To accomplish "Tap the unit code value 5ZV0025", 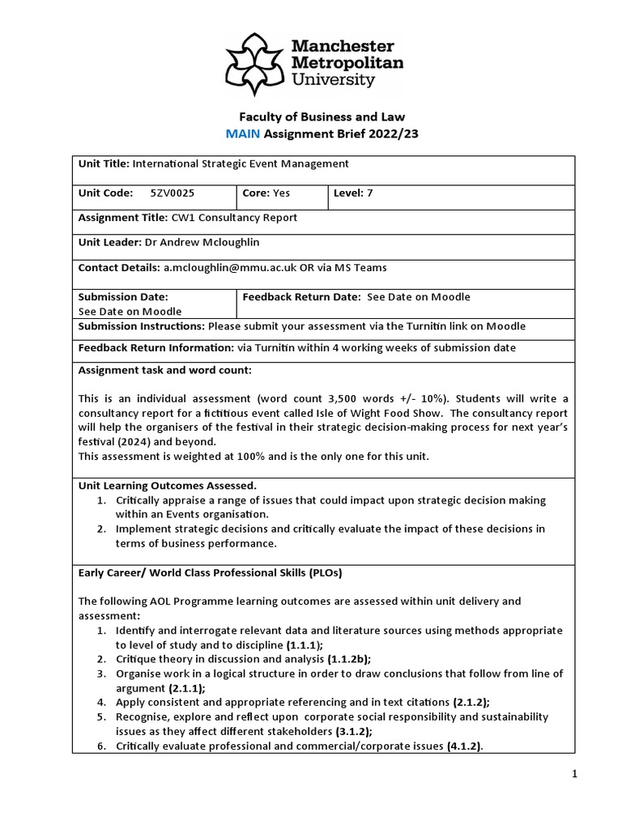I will pyautogui.click(x=173, y=193).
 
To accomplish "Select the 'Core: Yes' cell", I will pyautogui.click(x=266, y=193).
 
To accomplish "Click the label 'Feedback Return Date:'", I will pyautogui.click(x=301, y=296).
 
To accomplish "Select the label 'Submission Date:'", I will pyautogui.click(x=123, y=296).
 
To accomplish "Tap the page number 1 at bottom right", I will pyautogui.click(x=574, y=775).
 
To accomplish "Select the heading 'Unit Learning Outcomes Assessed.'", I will pyautogui.click(x=167, y=486).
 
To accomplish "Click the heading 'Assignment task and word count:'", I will pyautogui.click(x=164, y=370).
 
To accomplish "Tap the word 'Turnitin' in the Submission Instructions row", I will pyautogui.click(x=413, y=326).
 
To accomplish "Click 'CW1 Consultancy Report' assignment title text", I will pyautogui.click(x=234, y=218).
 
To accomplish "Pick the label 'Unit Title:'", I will pyautogui.click(x=104, y=164).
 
